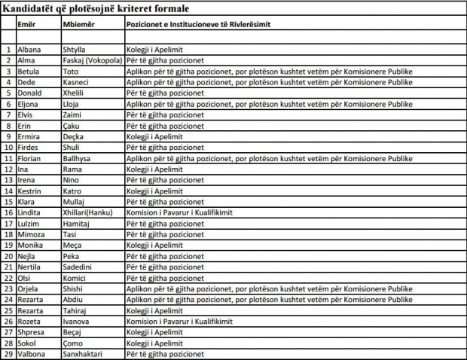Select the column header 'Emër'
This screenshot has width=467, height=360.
point(27,24)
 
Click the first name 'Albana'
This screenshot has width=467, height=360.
point(29,50)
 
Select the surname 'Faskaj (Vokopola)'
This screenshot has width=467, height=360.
point(95,60)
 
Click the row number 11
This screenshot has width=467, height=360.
point(8,158)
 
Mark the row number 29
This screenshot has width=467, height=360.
point(8,354)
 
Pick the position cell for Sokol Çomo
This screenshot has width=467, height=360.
point(154,343)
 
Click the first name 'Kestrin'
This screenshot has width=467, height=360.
point(30,191)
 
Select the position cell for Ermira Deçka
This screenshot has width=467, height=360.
point(154,136)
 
